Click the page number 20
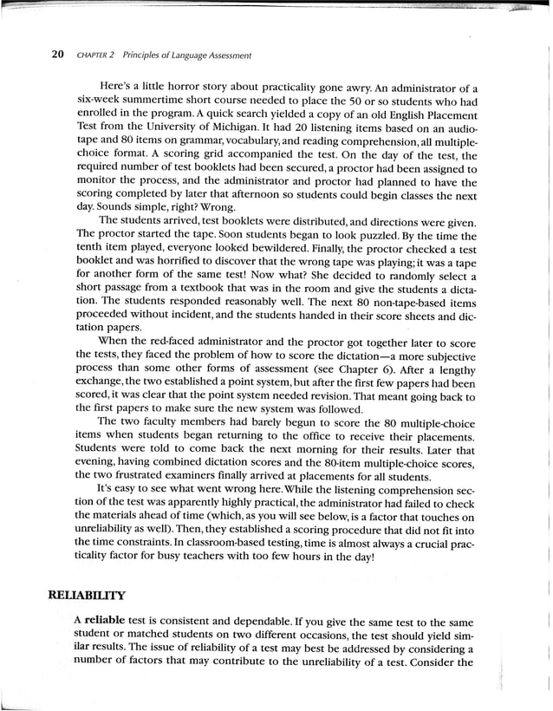click(x=57, y=55)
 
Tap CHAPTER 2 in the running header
click(x=94, y=55)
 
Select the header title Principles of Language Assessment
click(x=186, y=55)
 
